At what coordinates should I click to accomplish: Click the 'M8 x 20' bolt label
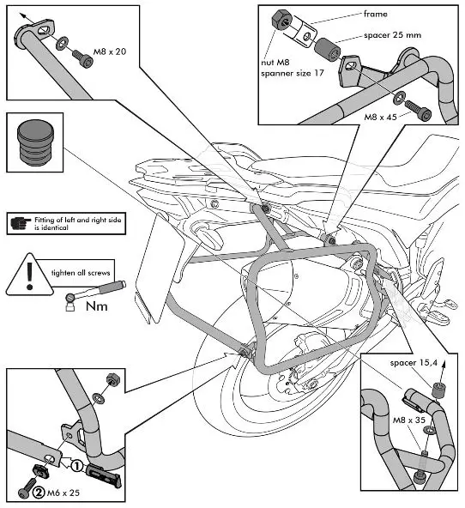110,51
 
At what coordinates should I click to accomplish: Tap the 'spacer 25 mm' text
392,35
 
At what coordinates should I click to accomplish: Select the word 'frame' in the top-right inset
375,14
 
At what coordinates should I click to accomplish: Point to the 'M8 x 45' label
380,117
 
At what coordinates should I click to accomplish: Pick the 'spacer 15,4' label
414,363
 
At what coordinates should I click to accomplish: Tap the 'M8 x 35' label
409,420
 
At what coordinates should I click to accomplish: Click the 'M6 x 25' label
63,493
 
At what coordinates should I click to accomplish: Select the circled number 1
76,467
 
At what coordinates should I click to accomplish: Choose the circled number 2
39,493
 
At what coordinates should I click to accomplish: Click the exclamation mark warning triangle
29,275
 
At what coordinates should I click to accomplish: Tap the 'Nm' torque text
96,306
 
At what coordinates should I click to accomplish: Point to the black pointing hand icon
21,222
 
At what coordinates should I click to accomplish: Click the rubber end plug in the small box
35,142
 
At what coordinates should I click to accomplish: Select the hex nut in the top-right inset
281,20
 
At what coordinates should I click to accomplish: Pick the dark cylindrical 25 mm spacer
328,50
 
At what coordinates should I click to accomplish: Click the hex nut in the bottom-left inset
113,379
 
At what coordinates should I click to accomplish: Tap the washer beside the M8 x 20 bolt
62,43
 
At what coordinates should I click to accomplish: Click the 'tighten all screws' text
81,273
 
